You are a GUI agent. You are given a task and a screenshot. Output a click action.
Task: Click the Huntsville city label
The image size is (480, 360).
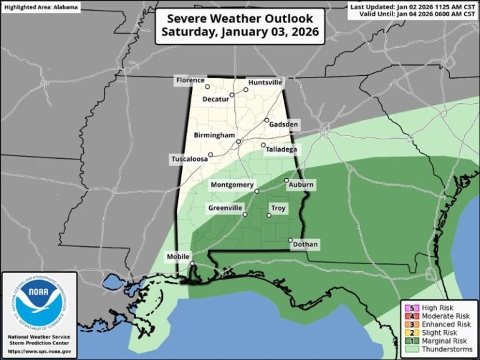(x=266, y=82)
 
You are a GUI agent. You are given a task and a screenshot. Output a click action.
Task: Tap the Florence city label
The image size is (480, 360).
(x=189, y=80)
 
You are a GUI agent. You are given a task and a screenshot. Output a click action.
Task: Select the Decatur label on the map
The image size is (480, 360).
(x=216, y=99)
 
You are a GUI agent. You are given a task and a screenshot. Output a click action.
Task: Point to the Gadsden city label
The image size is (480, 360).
(x=284, y=125)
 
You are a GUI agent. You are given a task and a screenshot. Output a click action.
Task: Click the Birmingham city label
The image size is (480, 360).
(x=213, y=135)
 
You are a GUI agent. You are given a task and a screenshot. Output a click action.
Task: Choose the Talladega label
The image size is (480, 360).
(x=281, y=149)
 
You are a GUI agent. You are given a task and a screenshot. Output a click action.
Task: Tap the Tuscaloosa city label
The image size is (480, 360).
(x=189, y=159)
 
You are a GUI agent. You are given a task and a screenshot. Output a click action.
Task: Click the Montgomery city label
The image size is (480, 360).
(x=232, y=185)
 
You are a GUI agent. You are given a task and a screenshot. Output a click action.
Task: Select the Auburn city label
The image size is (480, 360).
(x=301, y=184)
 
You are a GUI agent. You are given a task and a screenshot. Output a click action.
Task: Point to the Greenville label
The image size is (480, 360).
(x=225, y=208)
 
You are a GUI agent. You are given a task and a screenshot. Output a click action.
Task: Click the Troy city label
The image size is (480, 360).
(x=278, y=207)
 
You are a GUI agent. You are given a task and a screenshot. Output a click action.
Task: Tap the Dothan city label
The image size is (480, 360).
(x=304, y=244)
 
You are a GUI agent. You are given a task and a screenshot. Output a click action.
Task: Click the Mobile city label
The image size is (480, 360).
(x=178, y=257)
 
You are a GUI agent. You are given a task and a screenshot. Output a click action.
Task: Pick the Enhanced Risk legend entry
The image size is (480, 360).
(x=437, y=324)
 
